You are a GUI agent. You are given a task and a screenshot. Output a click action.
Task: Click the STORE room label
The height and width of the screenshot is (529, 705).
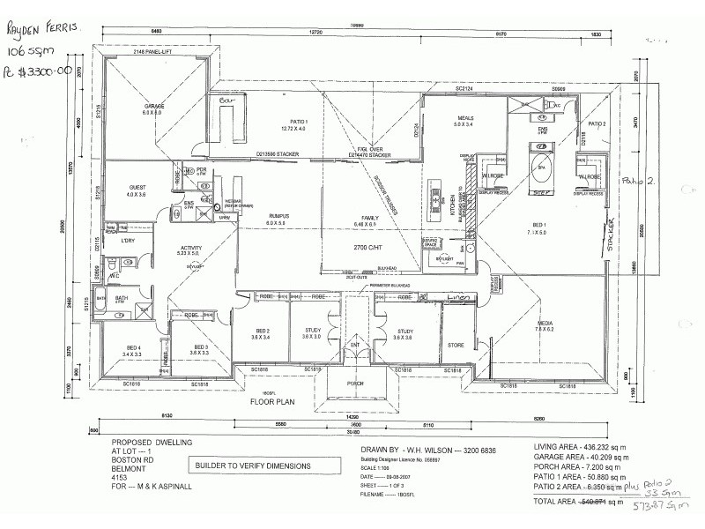(x=456, y=345)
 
